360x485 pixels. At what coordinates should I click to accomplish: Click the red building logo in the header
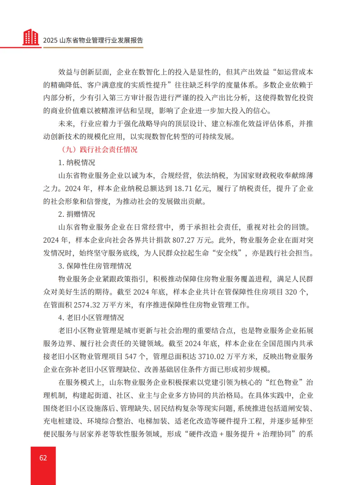click(31, 37)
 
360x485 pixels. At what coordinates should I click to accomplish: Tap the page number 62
click(43, 458)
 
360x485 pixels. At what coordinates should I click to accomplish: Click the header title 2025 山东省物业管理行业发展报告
click(93, 40)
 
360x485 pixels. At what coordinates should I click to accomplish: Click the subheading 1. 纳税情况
click(77, 163)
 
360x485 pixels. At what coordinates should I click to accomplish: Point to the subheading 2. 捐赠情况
click(77, 214)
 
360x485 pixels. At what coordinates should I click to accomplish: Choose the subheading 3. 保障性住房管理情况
click(95, 266)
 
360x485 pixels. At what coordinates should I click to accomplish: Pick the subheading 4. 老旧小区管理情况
click(91, 318)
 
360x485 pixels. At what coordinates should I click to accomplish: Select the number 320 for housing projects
click(291, 292)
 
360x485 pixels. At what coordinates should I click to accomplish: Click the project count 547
click(131, 357)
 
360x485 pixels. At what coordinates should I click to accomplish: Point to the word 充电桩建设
click(62, 421)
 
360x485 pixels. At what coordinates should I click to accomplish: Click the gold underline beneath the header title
click(93, 48)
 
